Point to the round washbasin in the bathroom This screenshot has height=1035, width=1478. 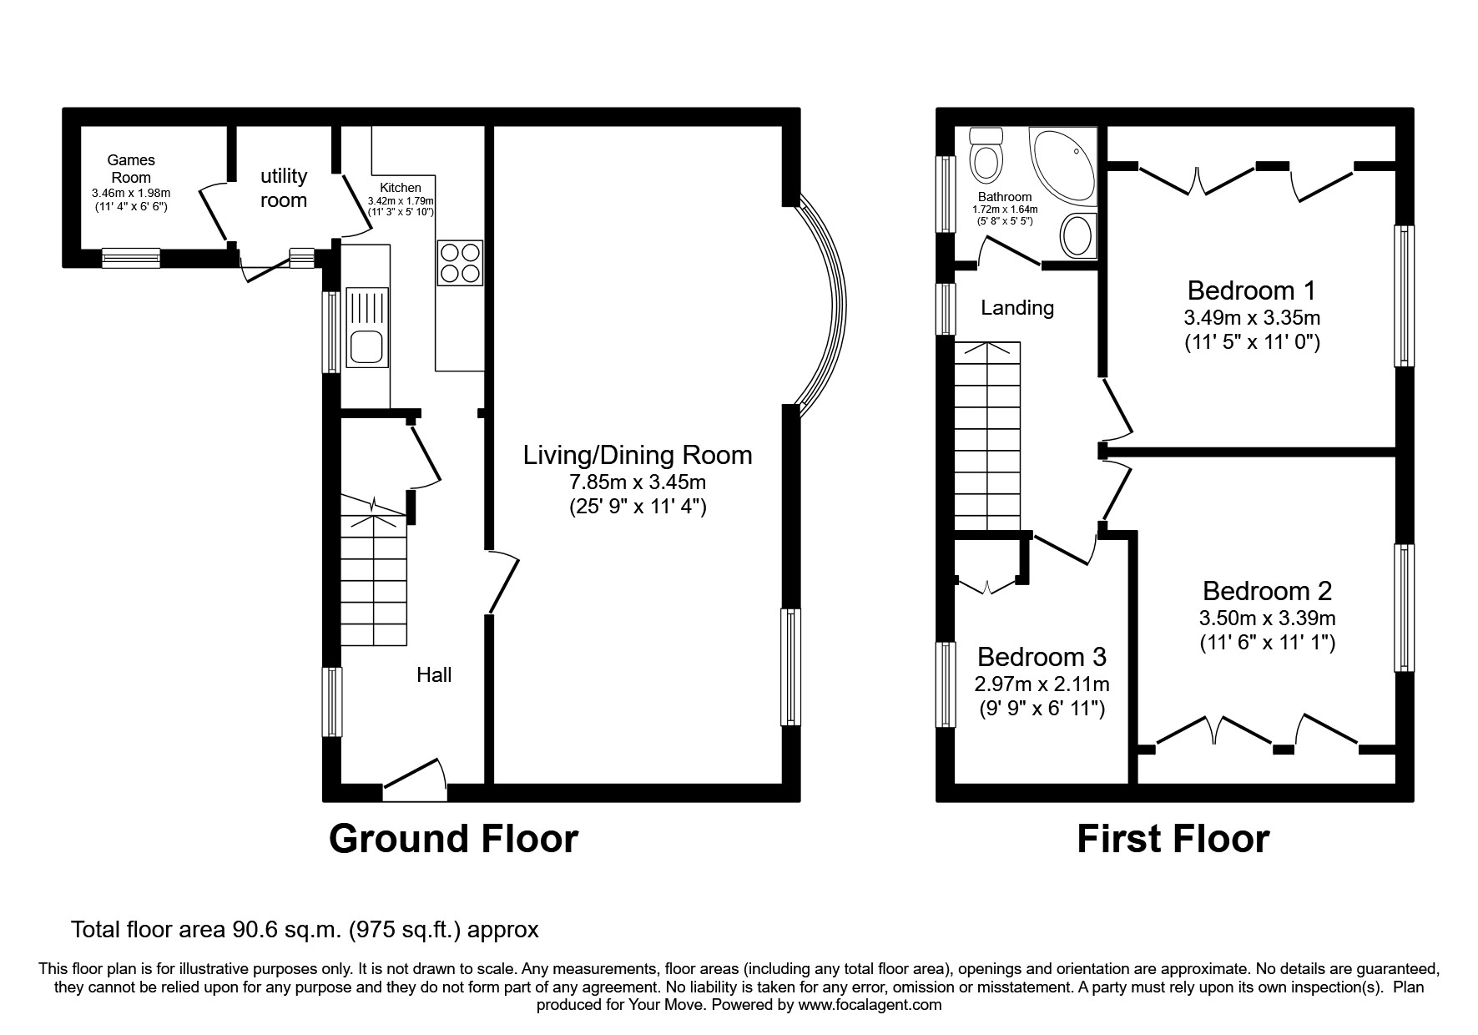tap(1077, 235)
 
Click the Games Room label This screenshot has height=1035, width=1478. tap(131, 168)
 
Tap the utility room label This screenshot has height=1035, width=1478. tap(284, 188)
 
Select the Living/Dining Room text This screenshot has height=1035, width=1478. tap(638, 455)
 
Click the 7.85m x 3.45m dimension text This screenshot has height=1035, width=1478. tap(638, 482)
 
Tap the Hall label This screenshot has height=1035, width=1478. tap(434, 674)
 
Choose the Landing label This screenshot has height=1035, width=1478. tap(1016, 308)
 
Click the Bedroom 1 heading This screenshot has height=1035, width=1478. tap(1251, 290)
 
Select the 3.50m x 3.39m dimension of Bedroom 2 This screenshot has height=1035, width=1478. tap(1267, 618)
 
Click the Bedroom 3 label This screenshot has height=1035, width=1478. tap(1042, 657)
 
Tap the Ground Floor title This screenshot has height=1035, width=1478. tap(453, 838)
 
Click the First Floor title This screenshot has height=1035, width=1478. tap(1173, 838)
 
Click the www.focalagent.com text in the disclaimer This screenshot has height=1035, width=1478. tap(869, 1005)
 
